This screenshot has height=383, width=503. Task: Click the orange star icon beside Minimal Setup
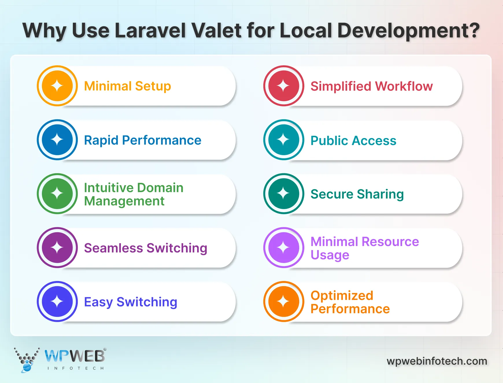(x=57, y=86)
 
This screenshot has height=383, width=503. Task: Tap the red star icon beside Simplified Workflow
(x=284, y=86)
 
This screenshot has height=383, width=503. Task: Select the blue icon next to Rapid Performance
(x=57, y=140)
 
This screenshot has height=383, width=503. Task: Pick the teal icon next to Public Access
(x=284, y=140)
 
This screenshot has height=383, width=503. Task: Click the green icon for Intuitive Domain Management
(x=57, y=194)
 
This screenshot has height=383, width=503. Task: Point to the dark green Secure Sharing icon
(x=284, y=194)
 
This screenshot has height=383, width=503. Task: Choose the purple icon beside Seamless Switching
(x=57, y=248)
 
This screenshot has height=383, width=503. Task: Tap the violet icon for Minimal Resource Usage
(x=284, y=248)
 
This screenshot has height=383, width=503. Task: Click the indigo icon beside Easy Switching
(x=57, y=302)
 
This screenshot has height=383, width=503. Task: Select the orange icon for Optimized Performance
(x=284, y=302)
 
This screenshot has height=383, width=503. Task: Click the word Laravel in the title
(x=150, y=30)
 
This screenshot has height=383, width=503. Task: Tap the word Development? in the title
(x=408, y=31)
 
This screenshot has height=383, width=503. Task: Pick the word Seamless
(x=113, y=248)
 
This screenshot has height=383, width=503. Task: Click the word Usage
(x=330, y=255)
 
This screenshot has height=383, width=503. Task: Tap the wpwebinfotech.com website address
(x=437, y=361)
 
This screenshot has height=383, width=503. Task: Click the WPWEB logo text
(x=75, y=356)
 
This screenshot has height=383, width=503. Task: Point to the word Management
(x=124, y=201)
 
